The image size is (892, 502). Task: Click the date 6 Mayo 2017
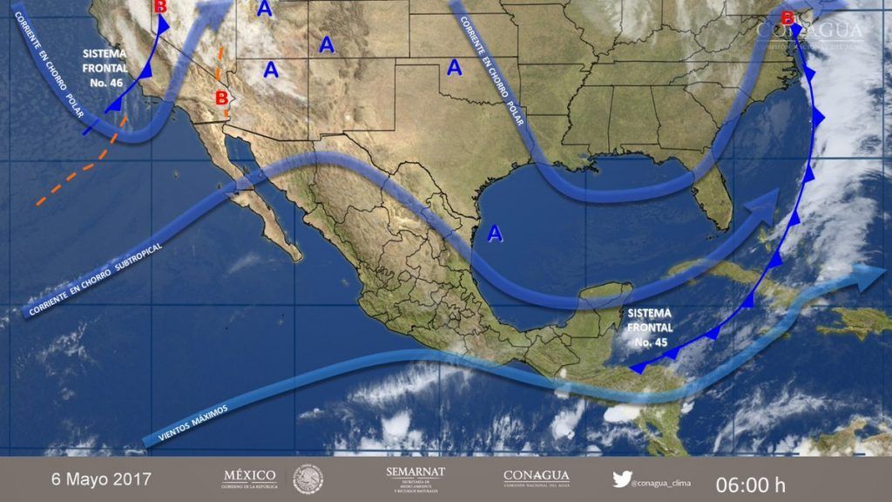[100, 479]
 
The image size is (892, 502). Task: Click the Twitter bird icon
[622, 478]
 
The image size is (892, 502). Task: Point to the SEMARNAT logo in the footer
[415, 478]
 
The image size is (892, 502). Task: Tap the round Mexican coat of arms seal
[307, 478]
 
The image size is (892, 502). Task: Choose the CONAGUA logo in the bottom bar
[537, 478]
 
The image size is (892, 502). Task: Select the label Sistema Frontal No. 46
[105, 68]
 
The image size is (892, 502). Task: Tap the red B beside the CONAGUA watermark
[787, 18]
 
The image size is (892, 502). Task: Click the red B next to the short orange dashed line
[221, 97]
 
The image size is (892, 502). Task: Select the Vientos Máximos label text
[194, 421]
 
